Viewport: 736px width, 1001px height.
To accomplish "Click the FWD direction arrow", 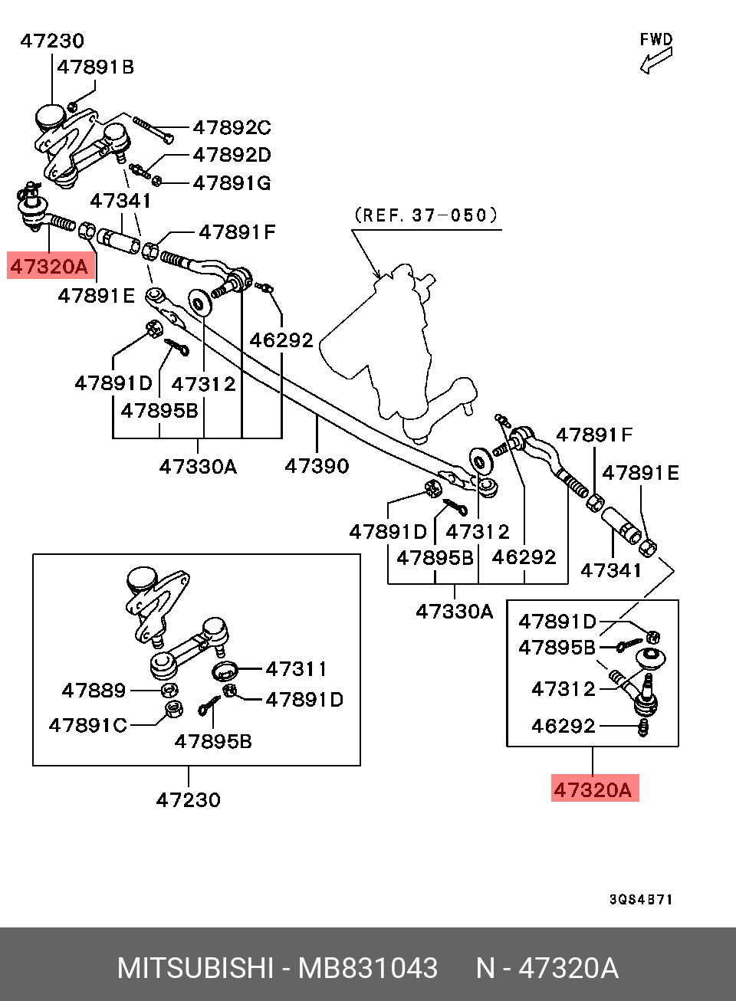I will click(656, 61).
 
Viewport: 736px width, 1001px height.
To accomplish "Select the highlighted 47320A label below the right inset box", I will click(593, 789).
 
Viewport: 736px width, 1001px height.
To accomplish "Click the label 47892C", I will click(232, 127).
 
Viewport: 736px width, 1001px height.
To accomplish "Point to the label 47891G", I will click(232, 183).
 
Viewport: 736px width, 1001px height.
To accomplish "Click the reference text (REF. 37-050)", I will click(426, 215).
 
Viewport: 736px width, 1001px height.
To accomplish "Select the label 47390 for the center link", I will click(317, 465).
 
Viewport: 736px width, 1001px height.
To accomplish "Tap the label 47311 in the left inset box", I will click(296, 669).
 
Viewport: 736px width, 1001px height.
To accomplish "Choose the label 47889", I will click(94, 691).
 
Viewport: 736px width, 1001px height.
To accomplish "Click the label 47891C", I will click(87, 725).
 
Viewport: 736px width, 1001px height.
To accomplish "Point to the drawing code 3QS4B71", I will click(641, 899).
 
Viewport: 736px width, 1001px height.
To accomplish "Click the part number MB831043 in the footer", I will click(368, 968).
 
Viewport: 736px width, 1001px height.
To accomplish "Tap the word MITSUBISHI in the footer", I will click(195, 968).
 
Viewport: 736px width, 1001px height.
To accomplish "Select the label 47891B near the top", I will click(96, 67).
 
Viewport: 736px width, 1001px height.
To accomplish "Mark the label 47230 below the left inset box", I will click(188, 799).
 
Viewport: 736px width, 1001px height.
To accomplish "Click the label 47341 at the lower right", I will click(611, 569).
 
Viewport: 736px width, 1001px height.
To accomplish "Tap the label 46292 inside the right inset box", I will click(563, 725).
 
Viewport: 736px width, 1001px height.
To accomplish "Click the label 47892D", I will click(232, 155).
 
